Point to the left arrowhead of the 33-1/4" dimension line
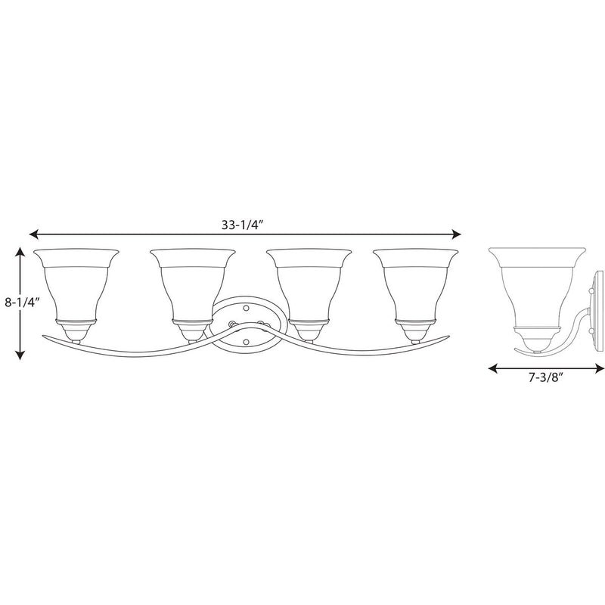point(34,234)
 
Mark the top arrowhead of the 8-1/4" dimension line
point(20,253)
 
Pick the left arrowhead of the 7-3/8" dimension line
point(493,369)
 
